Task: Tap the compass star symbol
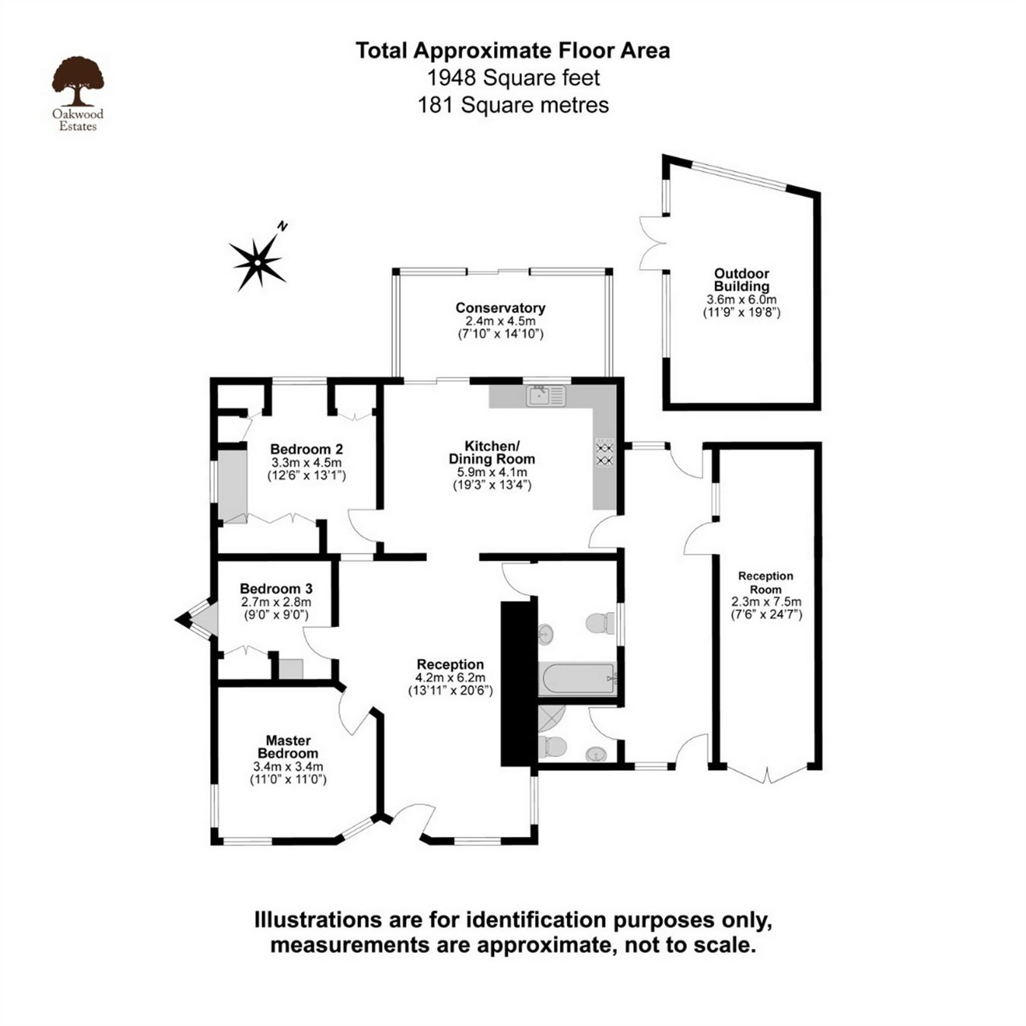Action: click(x=258, y=263)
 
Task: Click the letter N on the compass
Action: click(x=283, y=226)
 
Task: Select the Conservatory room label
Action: click(x=500, y=308)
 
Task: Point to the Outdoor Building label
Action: click(x=741, y=280)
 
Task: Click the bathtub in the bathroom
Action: click(x=577, y=679)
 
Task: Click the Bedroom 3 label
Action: click(x=276, y=589)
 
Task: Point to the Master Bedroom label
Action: click(x=288, y=746)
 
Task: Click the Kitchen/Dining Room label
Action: click(x=492, y=452)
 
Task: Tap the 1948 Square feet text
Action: click(x=513, y=78)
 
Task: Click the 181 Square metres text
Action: click(x=513, y=105)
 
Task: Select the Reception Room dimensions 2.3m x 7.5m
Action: click(x=766, y=602)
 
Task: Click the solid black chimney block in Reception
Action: click(x=518, y=682)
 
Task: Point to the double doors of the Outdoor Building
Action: click(x=652, y=243)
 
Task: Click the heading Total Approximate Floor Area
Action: click(x=513, y=51)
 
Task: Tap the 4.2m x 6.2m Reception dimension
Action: click(x=450, y=678)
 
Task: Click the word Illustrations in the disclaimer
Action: click(x=318, y=920)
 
